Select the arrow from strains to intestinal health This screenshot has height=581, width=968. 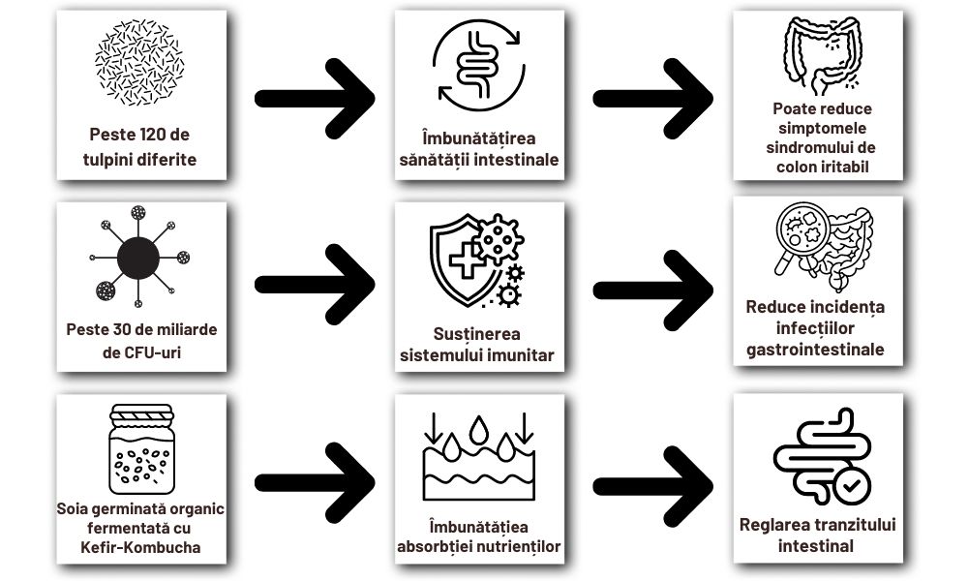315,97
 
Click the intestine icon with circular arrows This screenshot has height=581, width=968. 478,64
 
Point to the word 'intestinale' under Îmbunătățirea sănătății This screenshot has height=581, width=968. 519,160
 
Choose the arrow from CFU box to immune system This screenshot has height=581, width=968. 315,284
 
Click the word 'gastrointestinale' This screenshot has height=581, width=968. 815,350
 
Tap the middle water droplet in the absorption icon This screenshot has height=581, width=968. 479,427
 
